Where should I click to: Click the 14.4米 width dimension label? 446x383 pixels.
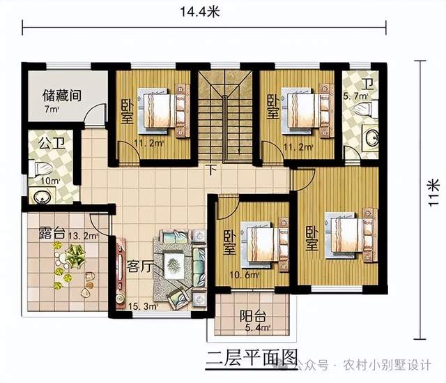[x=200, y=13]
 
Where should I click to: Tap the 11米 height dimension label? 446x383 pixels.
[x=433, y=193]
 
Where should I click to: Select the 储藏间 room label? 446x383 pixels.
[x=62, y=96]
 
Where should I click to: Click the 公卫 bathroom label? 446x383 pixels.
[x=52, y=142]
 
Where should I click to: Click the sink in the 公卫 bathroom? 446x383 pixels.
[x=42, y=196]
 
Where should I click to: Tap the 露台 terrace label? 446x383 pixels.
[x=51, y=233]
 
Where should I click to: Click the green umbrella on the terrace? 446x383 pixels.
[x=75, y=255]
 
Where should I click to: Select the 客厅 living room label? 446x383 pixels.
[x=139, y=266]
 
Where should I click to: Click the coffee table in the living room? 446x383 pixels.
[x=174, y=265]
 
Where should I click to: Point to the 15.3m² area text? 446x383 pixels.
[x=143, y=307]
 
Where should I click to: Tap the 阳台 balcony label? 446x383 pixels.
[x=253, y=316]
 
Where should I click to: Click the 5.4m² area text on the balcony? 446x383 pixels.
[x=257, y=328]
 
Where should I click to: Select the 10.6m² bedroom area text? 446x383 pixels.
[x=245, y=275]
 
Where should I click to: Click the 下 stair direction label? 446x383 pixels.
[x=211, y=169]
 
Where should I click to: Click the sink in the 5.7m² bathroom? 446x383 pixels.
[x=371, y=138]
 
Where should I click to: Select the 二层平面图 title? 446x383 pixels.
[x=252, y=357]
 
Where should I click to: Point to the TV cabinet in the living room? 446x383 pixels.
[x=121, y=273]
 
